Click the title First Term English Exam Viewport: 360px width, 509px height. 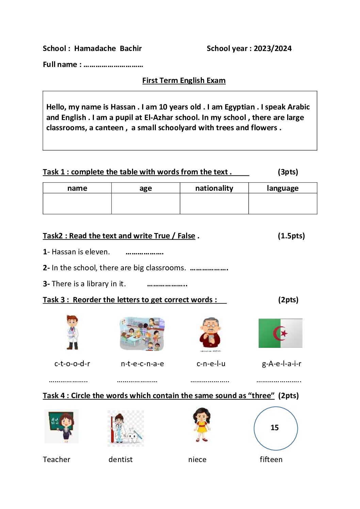(184, 81)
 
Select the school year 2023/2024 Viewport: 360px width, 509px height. (273, 49)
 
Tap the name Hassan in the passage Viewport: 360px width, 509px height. (123, 107)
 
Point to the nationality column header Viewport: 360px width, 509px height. (214, 188)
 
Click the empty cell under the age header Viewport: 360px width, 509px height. (146, 204)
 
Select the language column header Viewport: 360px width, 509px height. (282, 188)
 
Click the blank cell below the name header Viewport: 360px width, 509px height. (77, 204)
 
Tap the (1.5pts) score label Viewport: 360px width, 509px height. (291, 236)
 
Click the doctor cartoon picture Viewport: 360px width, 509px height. (72, 333)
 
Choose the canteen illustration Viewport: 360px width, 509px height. (142, 334)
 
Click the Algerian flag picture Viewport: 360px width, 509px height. (280, 333)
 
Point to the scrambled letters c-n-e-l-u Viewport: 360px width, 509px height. (211, 364)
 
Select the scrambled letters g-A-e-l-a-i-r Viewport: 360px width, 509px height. (281, 364)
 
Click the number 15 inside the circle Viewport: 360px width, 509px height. (275, 428)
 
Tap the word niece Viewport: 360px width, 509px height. (197, 460)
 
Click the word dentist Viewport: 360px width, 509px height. (120, 460)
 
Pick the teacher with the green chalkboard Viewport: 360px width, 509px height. (62, 426)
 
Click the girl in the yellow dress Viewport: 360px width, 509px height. (202, 425)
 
